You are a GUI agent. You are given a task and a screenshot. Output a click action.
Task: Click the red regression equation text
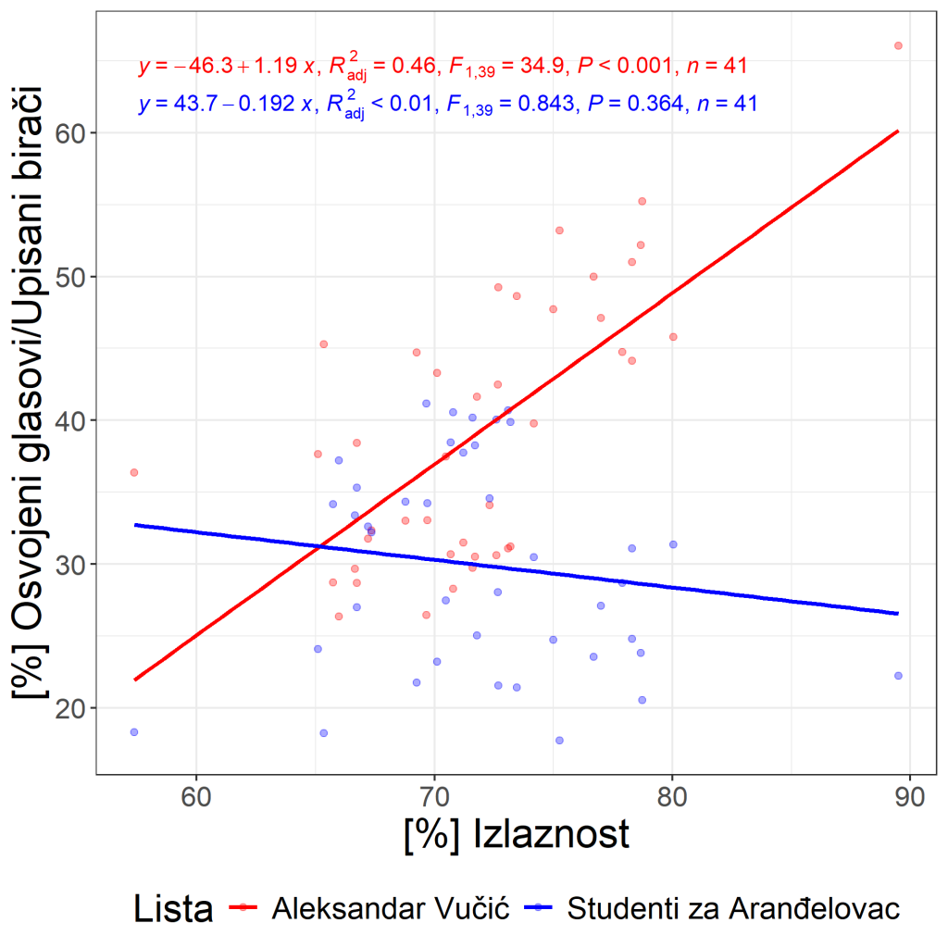[443, 66]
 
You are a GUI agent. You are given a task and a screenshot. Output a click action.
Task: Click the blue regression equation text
[447, 104]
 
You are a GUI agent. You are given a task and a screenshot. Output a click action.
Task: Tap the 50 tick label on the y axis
[70, 277]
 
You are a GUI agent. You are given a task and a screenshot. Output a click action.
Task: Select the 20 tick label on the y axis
[70, 708]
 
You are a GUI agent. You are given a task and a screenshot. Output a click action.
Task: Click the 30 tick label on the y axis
[70, 564]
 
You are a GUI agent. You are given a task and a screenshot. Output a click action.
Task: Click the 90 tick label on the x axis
[910, 797]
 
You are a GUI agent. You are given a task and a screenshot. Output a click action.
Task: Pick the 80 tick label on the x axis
[672, 797]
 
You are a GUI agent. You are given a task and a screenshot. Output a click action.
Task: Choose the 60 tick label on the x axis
[196, 797]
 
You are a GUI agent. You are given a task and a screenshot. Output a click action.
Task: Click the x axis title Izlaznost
[517, 835]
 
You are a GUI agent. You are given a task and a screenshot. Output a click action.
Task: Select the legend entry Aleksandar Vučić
[391, 908]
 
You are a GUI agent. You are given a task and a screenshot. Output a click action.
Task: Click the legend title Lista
[173, 909]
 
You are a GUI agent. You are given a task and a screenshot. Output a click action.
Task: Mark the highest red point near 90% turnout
[898, 46]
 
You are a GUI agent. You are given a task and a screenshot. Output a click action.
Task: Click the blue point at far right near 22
[898, 676]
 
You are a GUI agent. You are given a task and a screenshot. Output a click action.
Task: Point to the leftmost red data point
[134, 473]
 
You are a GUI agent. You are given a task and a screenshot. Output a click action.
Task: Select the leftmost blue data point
[134, 732]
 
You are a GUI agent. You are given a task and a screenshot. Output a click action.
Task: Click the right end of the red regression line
[898, 131]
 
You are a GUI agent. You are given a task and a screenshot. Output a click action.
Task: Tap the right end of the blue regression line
[898, 614]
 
